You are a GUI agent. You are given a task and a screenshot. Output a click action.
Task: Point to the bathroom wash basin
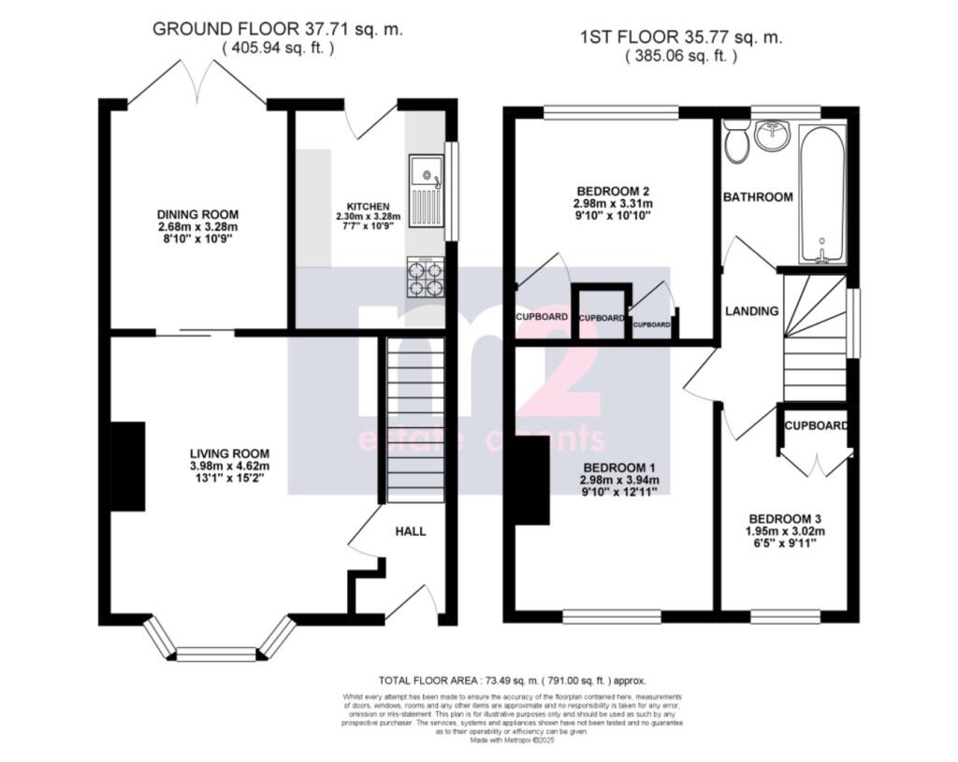(773, 137)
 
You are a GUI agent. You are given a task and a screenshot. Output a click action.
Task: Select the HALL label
(410, 531)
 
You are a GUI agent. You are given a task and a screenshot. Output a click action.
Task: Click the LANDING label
(752, 310)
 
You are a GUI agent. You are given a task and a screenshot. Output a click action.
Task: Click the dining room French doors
(196, 84)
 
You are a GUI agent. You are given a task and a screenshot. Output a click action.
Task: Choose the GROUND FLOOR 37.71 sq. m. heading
(278, 29)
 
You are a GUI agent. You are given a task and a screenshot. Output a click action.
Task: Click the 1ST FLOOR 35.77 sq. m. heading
(680, 38)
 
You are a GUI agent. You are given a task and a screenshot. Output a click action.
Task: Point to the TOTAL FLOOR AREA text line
(512, 681)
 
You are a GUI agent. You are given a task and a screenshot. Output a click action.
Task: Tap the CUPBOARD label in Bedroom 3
(816, 425)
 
